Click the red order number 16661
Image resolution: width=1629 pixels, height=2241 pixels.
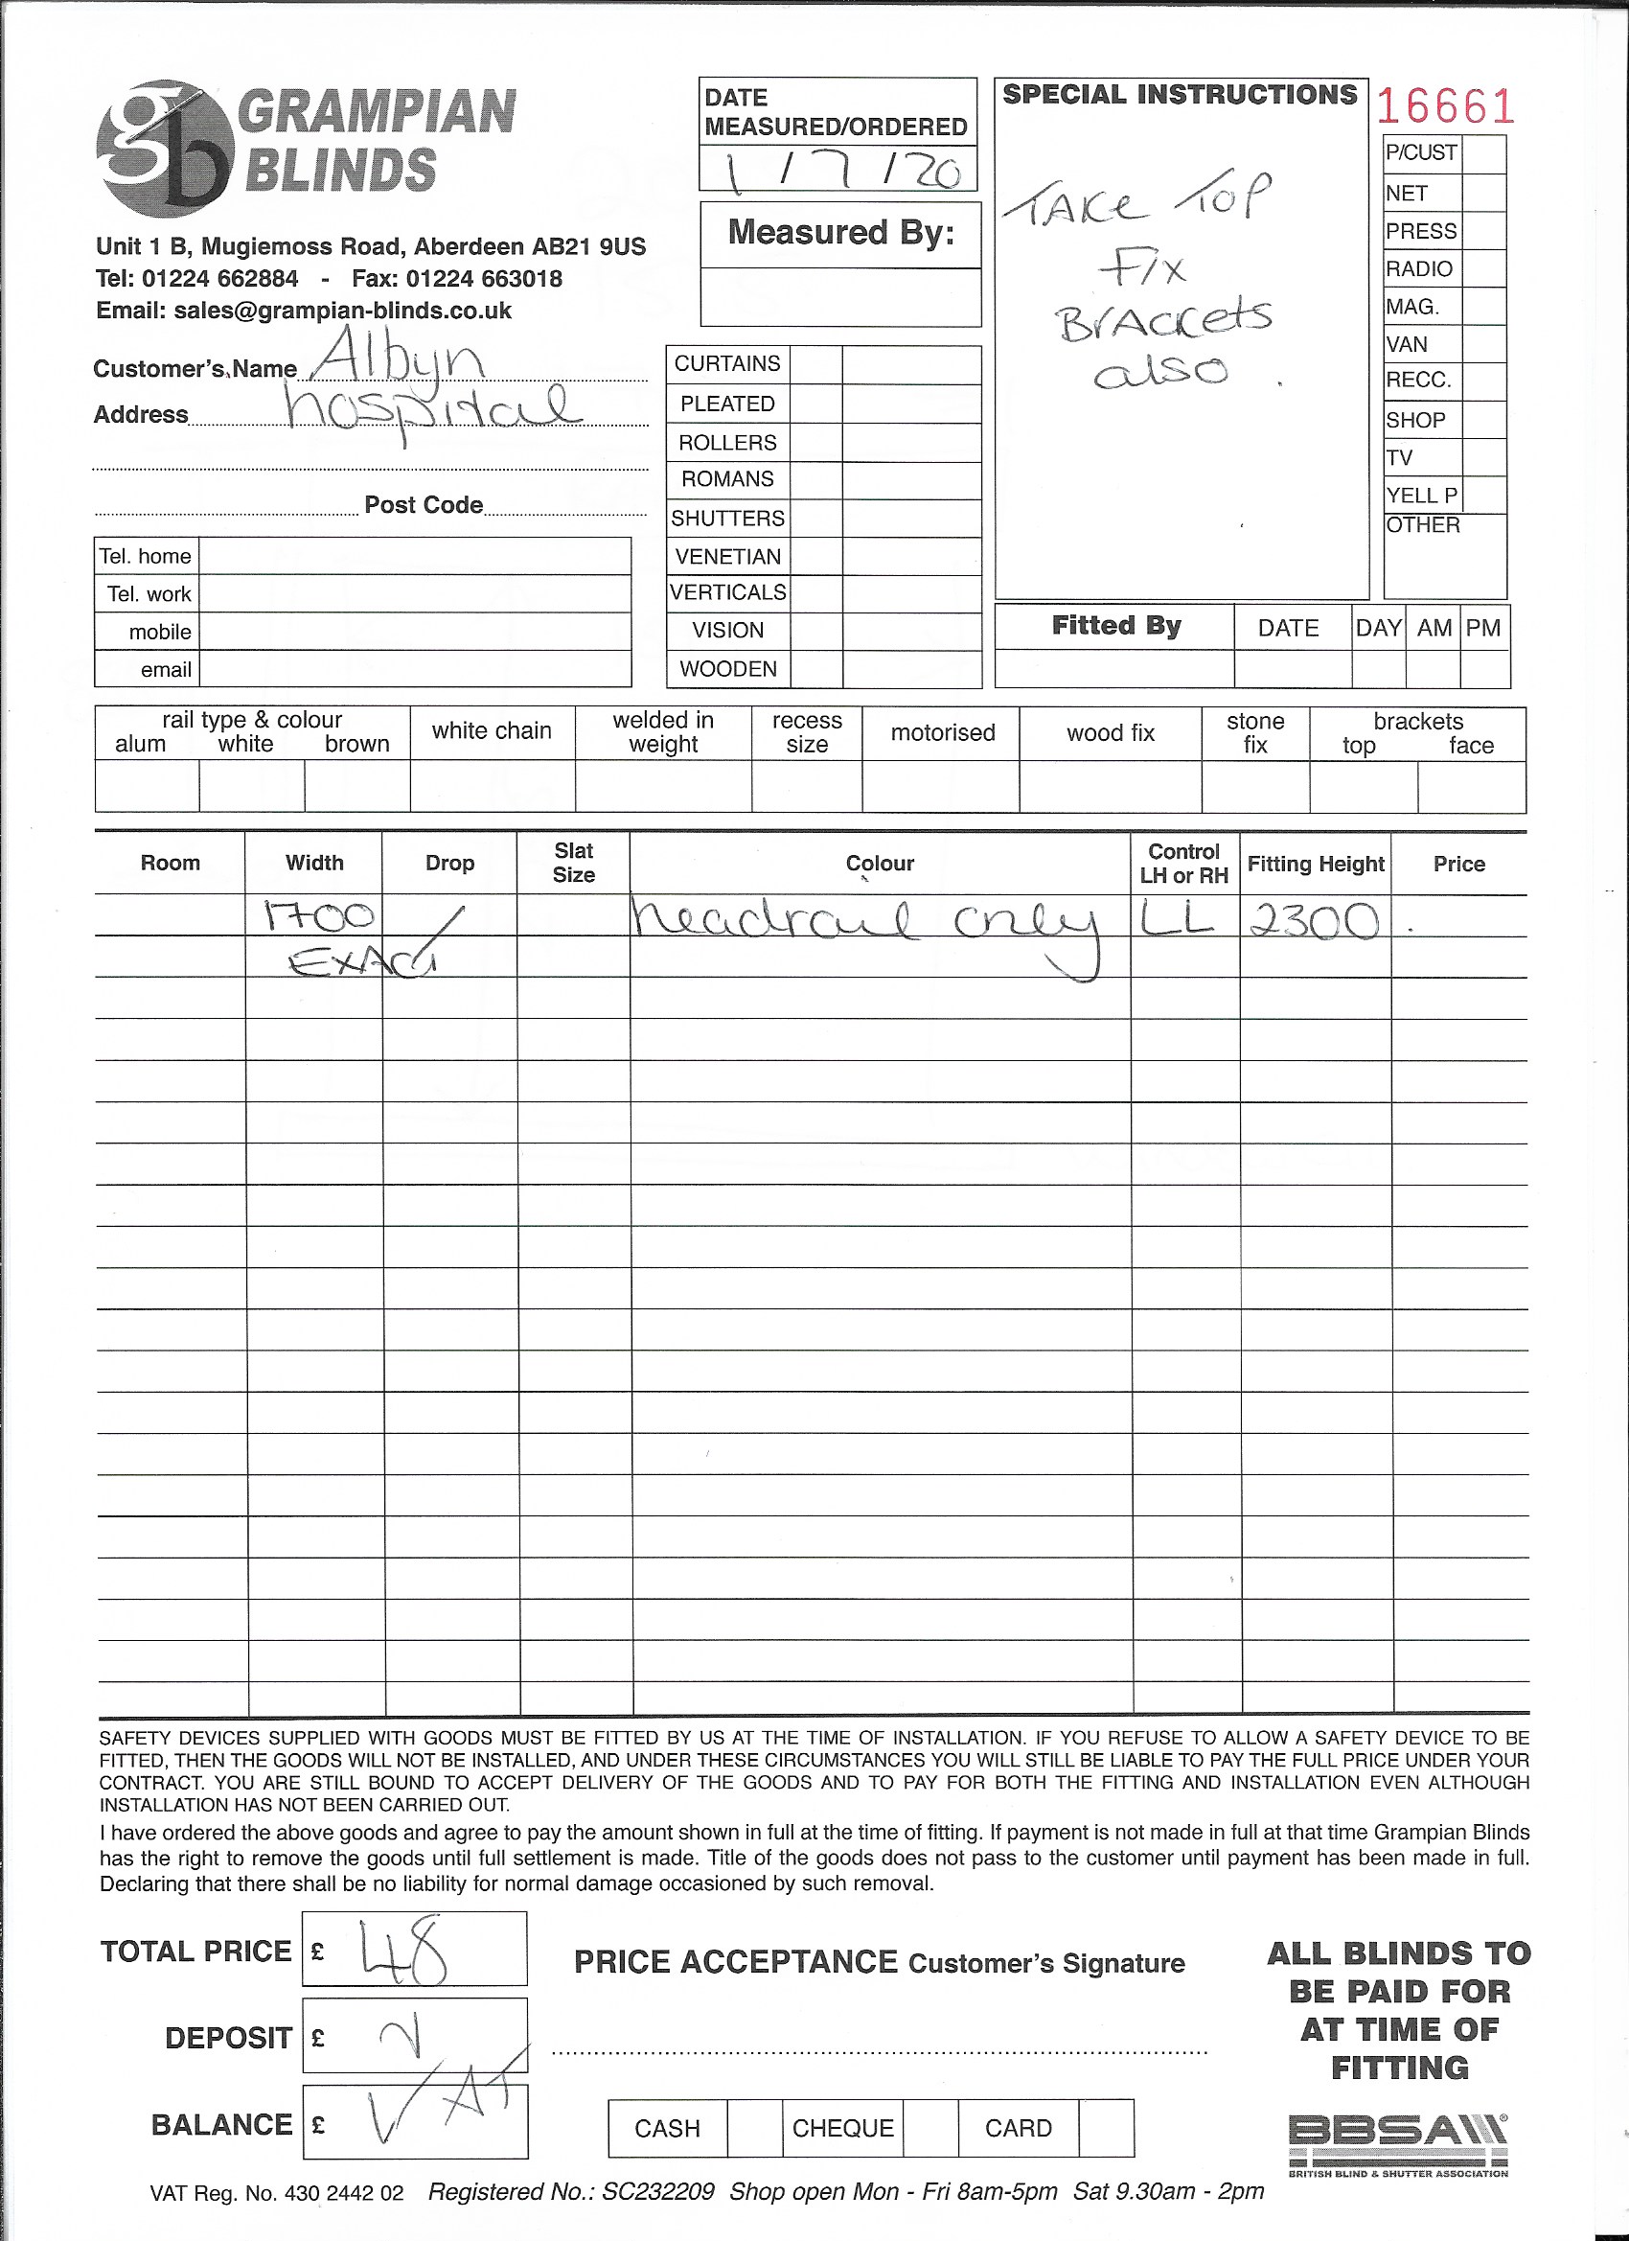(x=1444, y=106)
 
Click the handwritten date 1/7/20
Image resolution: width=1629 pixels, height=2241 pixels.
(x=840, y=171)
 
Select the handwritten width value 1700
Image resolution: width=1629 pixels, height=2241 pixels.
(x=318, y=916)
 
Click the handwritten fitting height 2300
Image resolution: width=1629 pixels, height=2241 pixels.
(x=1314, y=921)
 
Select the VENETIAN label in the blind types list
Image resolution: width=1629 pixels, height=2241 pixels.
(x=727, y=556)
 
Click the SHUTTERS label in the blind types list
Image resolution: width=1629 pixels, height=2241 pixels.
(x=727, y=518)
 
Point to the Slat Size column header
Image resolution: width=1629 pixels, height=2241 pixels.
(x=573, y=863)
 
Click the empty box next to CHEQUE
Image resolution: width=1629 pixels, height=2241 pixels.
(x=929, y=2127)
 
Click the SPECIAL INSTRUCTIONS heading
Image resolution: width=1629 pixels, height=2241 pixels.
(x=1180, y=95)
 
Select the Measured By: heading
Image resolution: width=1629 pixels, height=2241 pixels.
(x=840, y=232)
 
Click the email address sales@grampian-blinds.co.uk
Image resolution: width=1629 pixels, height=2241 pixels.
(x=342, y=311)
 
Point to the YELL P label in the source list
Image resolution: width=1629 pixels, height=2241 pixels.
(x=1420, y=495)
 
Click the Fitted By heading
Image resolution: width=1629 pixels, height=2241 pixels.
(x=1115, y=626)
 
